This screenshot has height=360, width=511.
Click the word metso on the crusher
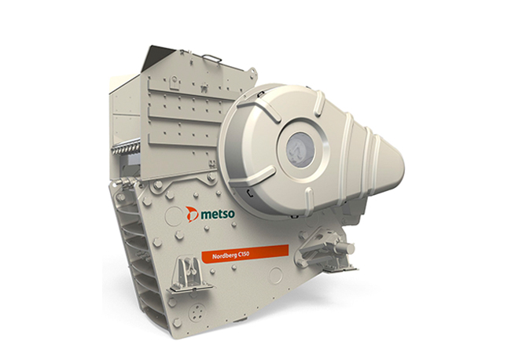coord(218,214)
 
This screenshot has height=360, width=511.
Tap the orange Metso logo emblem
coord(192,213)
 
